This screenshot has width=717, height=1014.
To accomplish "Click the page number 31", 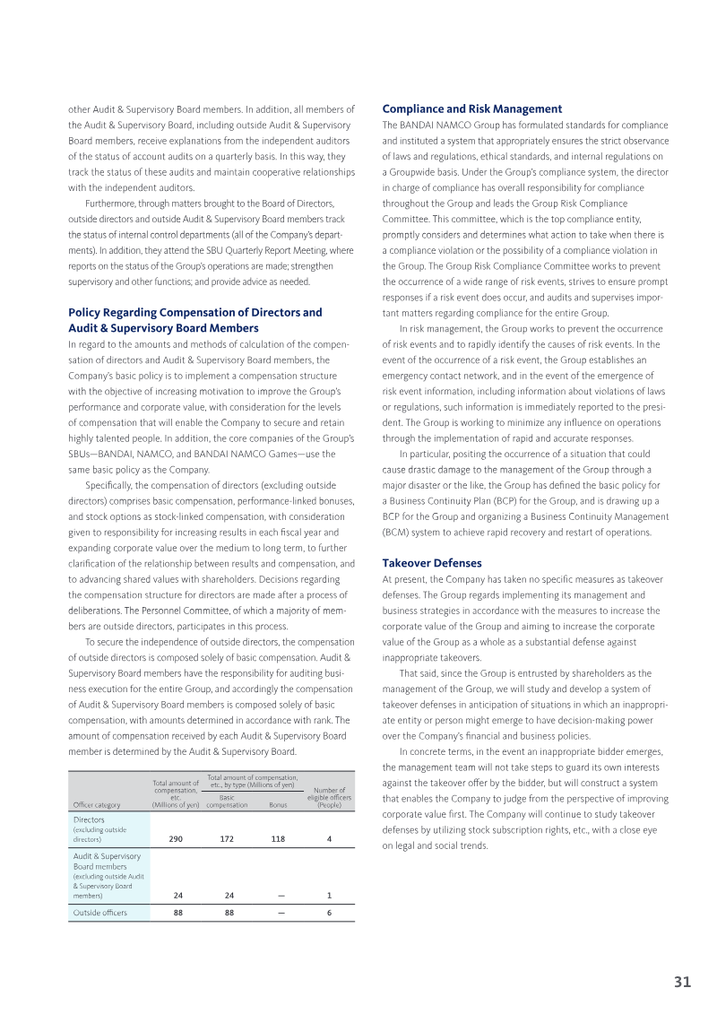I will (682, 982).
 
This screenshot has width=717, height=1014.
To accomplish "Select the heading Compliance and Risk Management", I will (472, 108).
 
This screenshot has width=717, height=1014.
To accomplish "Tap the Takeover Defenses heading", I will (432, 563).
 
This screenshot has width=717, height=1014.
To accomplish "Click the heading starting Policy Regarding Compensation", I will (194, 320).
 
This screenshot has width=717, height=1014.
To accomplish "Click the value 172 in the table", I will (227, 840).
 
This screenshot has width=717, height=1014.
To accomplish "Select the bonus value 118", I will (278, 840).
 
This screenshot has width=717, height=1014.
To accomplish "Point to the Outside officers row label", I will (99, 913).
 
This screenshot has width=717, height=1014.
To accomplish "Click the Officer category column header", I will (97, 805).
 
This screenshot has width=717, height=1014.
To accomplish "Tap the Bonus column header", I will (278, 805).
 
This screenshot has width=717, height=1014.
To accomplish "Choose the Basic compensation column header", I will (227, 801).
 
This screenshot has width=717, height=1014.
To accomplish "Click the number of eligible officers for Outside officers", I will (330, 913).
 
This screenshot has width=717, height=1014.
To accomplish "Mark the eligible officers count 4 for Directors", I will (330, 840).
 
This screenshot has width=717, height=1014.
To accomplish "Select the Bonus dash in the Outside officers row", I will (281, 913).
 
